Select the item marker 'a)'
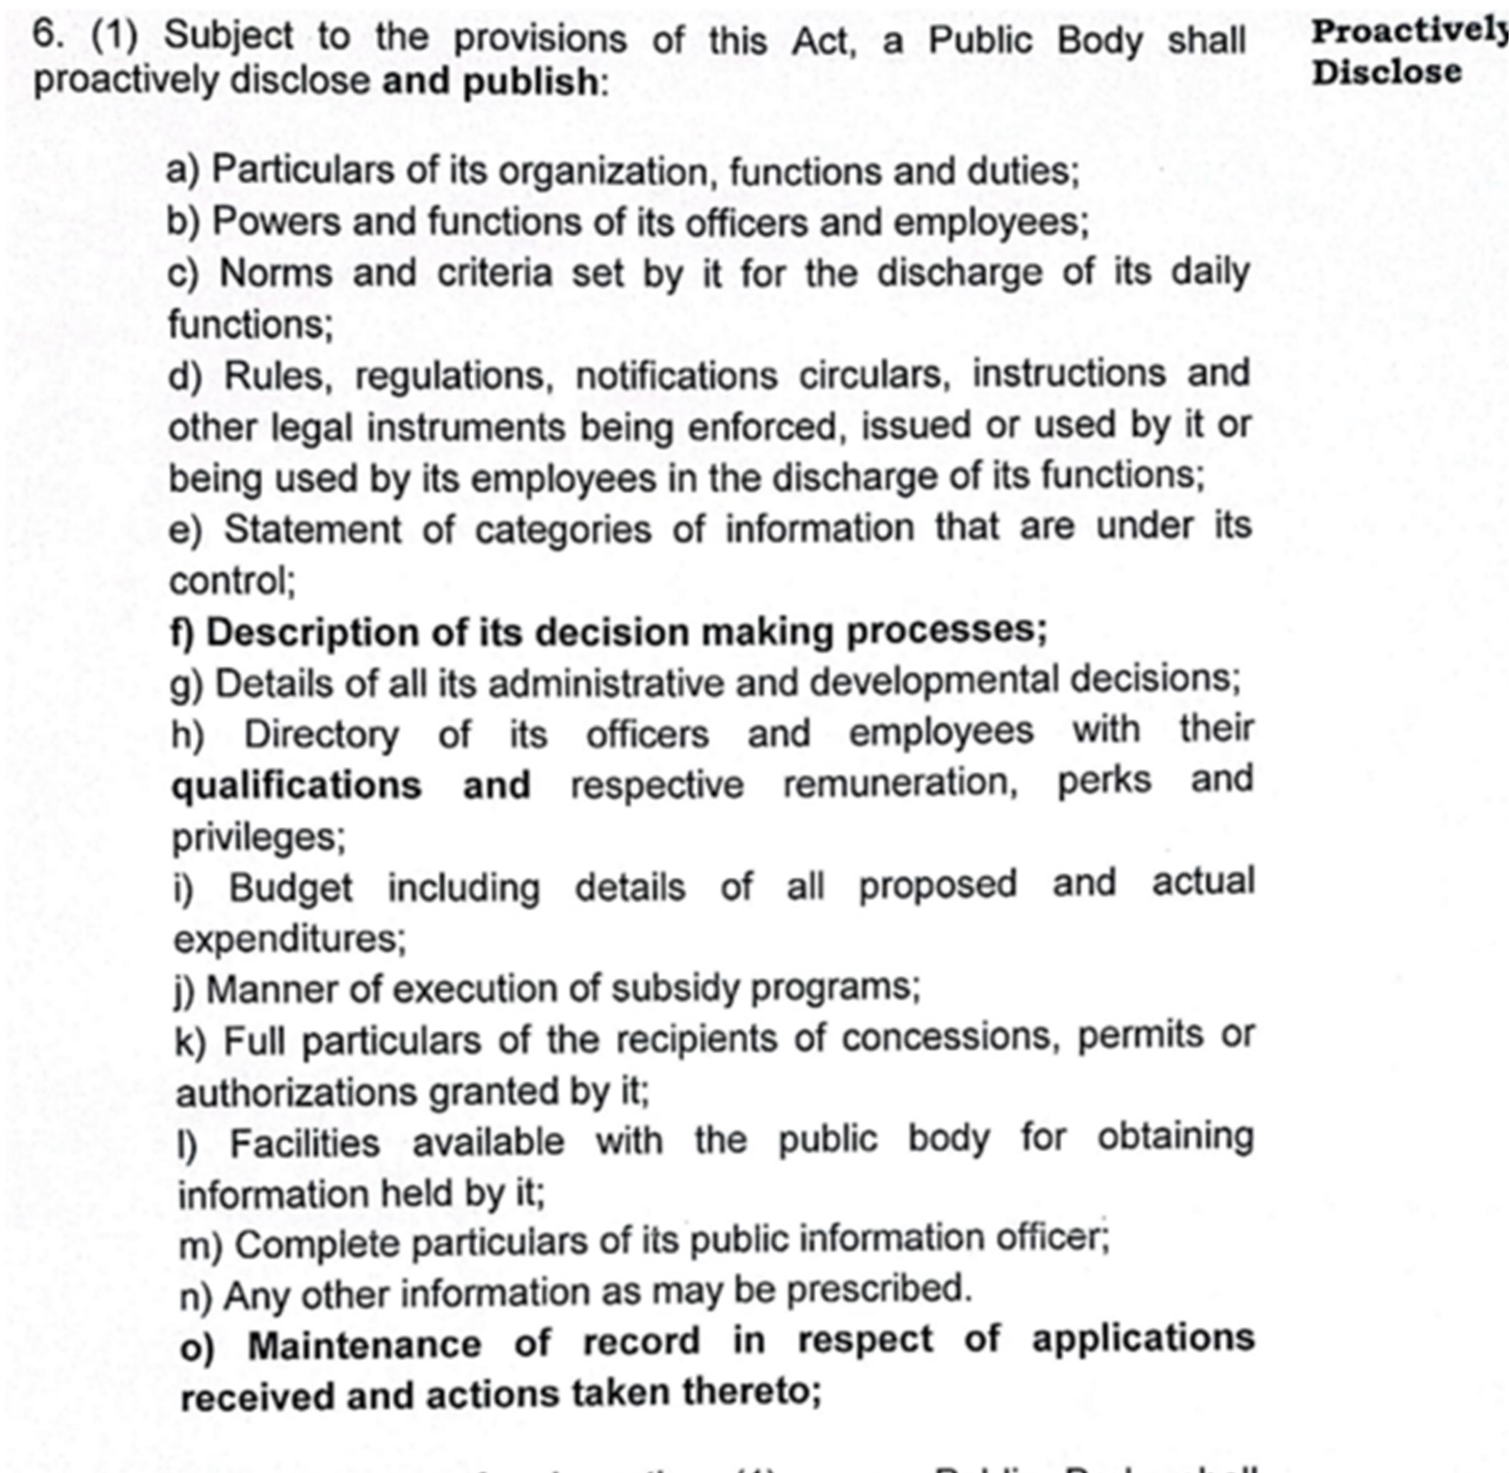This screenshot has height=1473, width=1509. (x=182, y=170)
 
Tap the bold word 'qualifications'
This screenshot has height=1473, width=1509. (x=296, y=785)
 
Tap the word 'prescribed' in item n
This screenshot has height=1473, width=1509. (x=878, y=1290)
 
